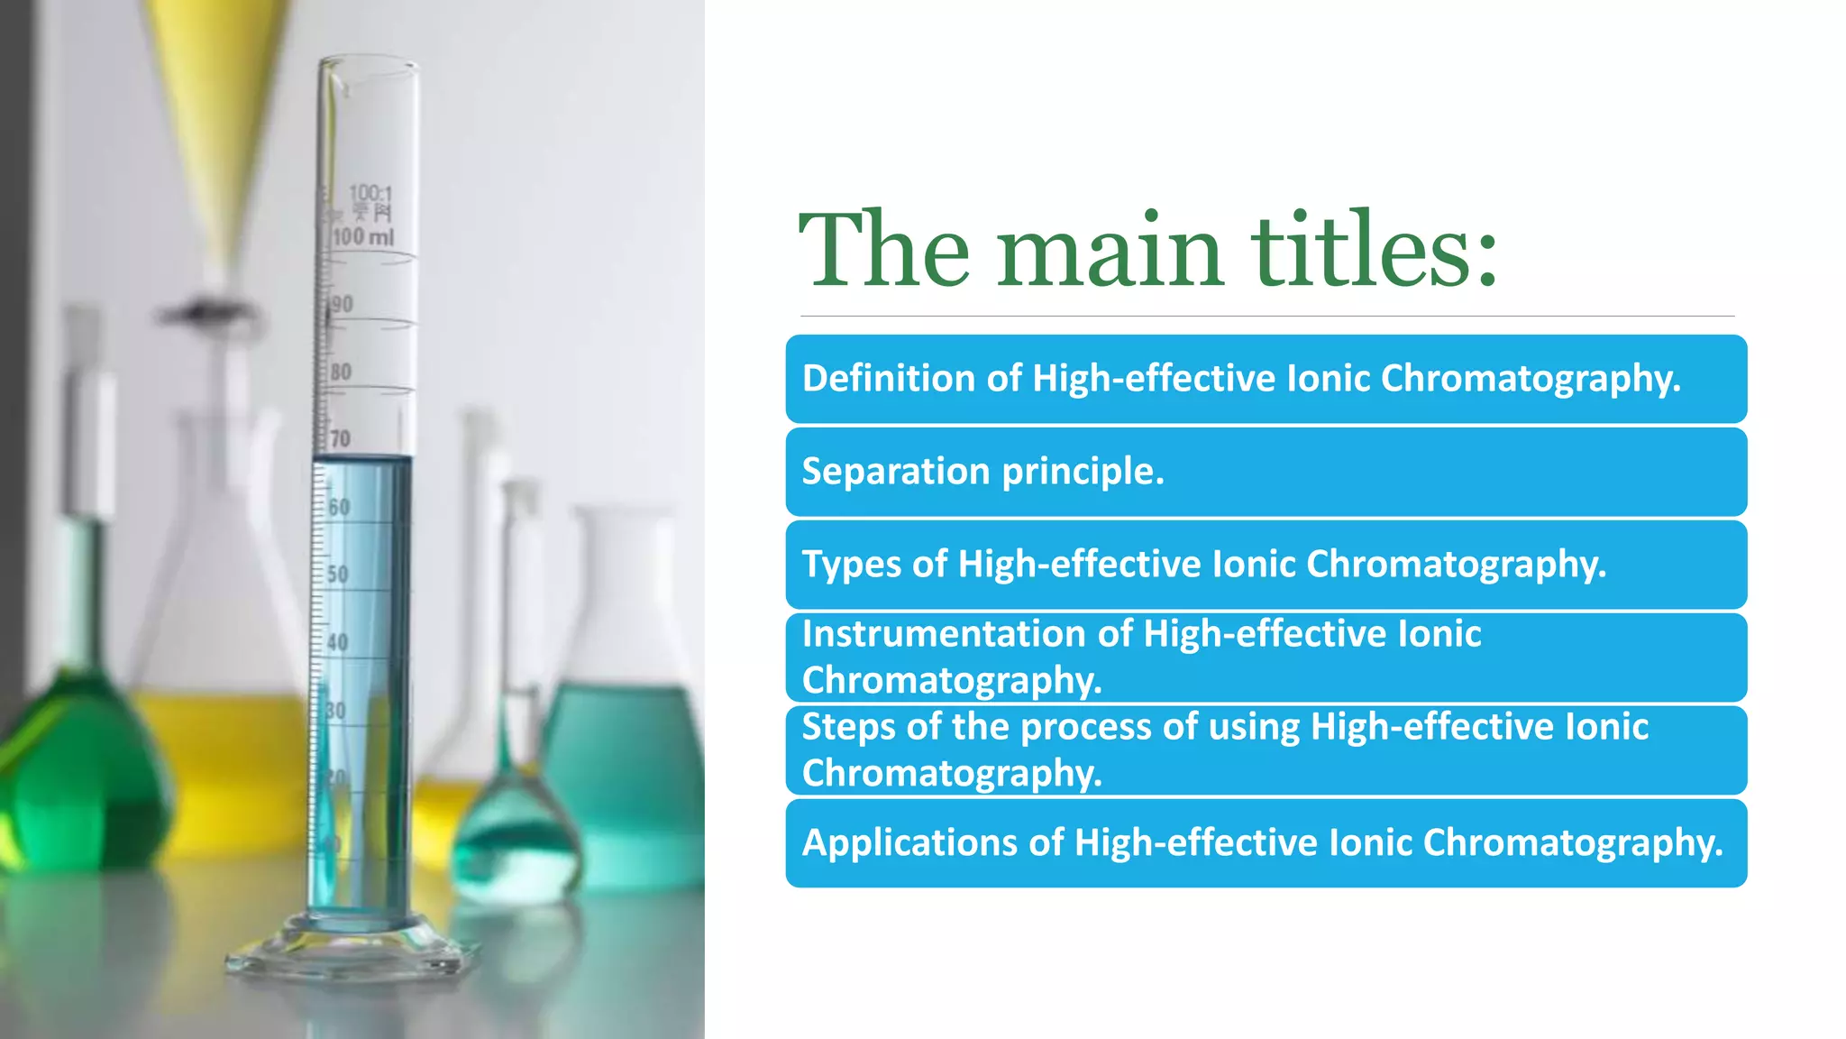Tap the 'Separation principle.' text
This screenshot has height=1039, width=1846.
tap(982, 471)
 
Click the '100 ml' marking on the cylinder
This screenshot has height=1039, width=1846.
tap(362, 237)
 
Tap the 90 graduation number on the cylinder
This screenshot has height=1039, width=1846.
tap(342, 304)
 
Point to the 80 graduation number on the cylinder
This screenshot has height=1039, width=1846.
tap(341, 372)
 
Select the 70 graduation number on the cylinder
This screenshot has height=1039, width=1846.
tap(340, 439)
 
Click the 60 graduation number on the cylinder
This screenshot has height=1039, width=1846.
tap(339, 507)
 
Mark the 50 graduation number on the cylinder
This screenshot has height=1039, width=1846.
tap(337, 575)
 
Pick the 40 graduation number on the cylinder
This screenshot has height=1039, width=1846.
tap(337, 642)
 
